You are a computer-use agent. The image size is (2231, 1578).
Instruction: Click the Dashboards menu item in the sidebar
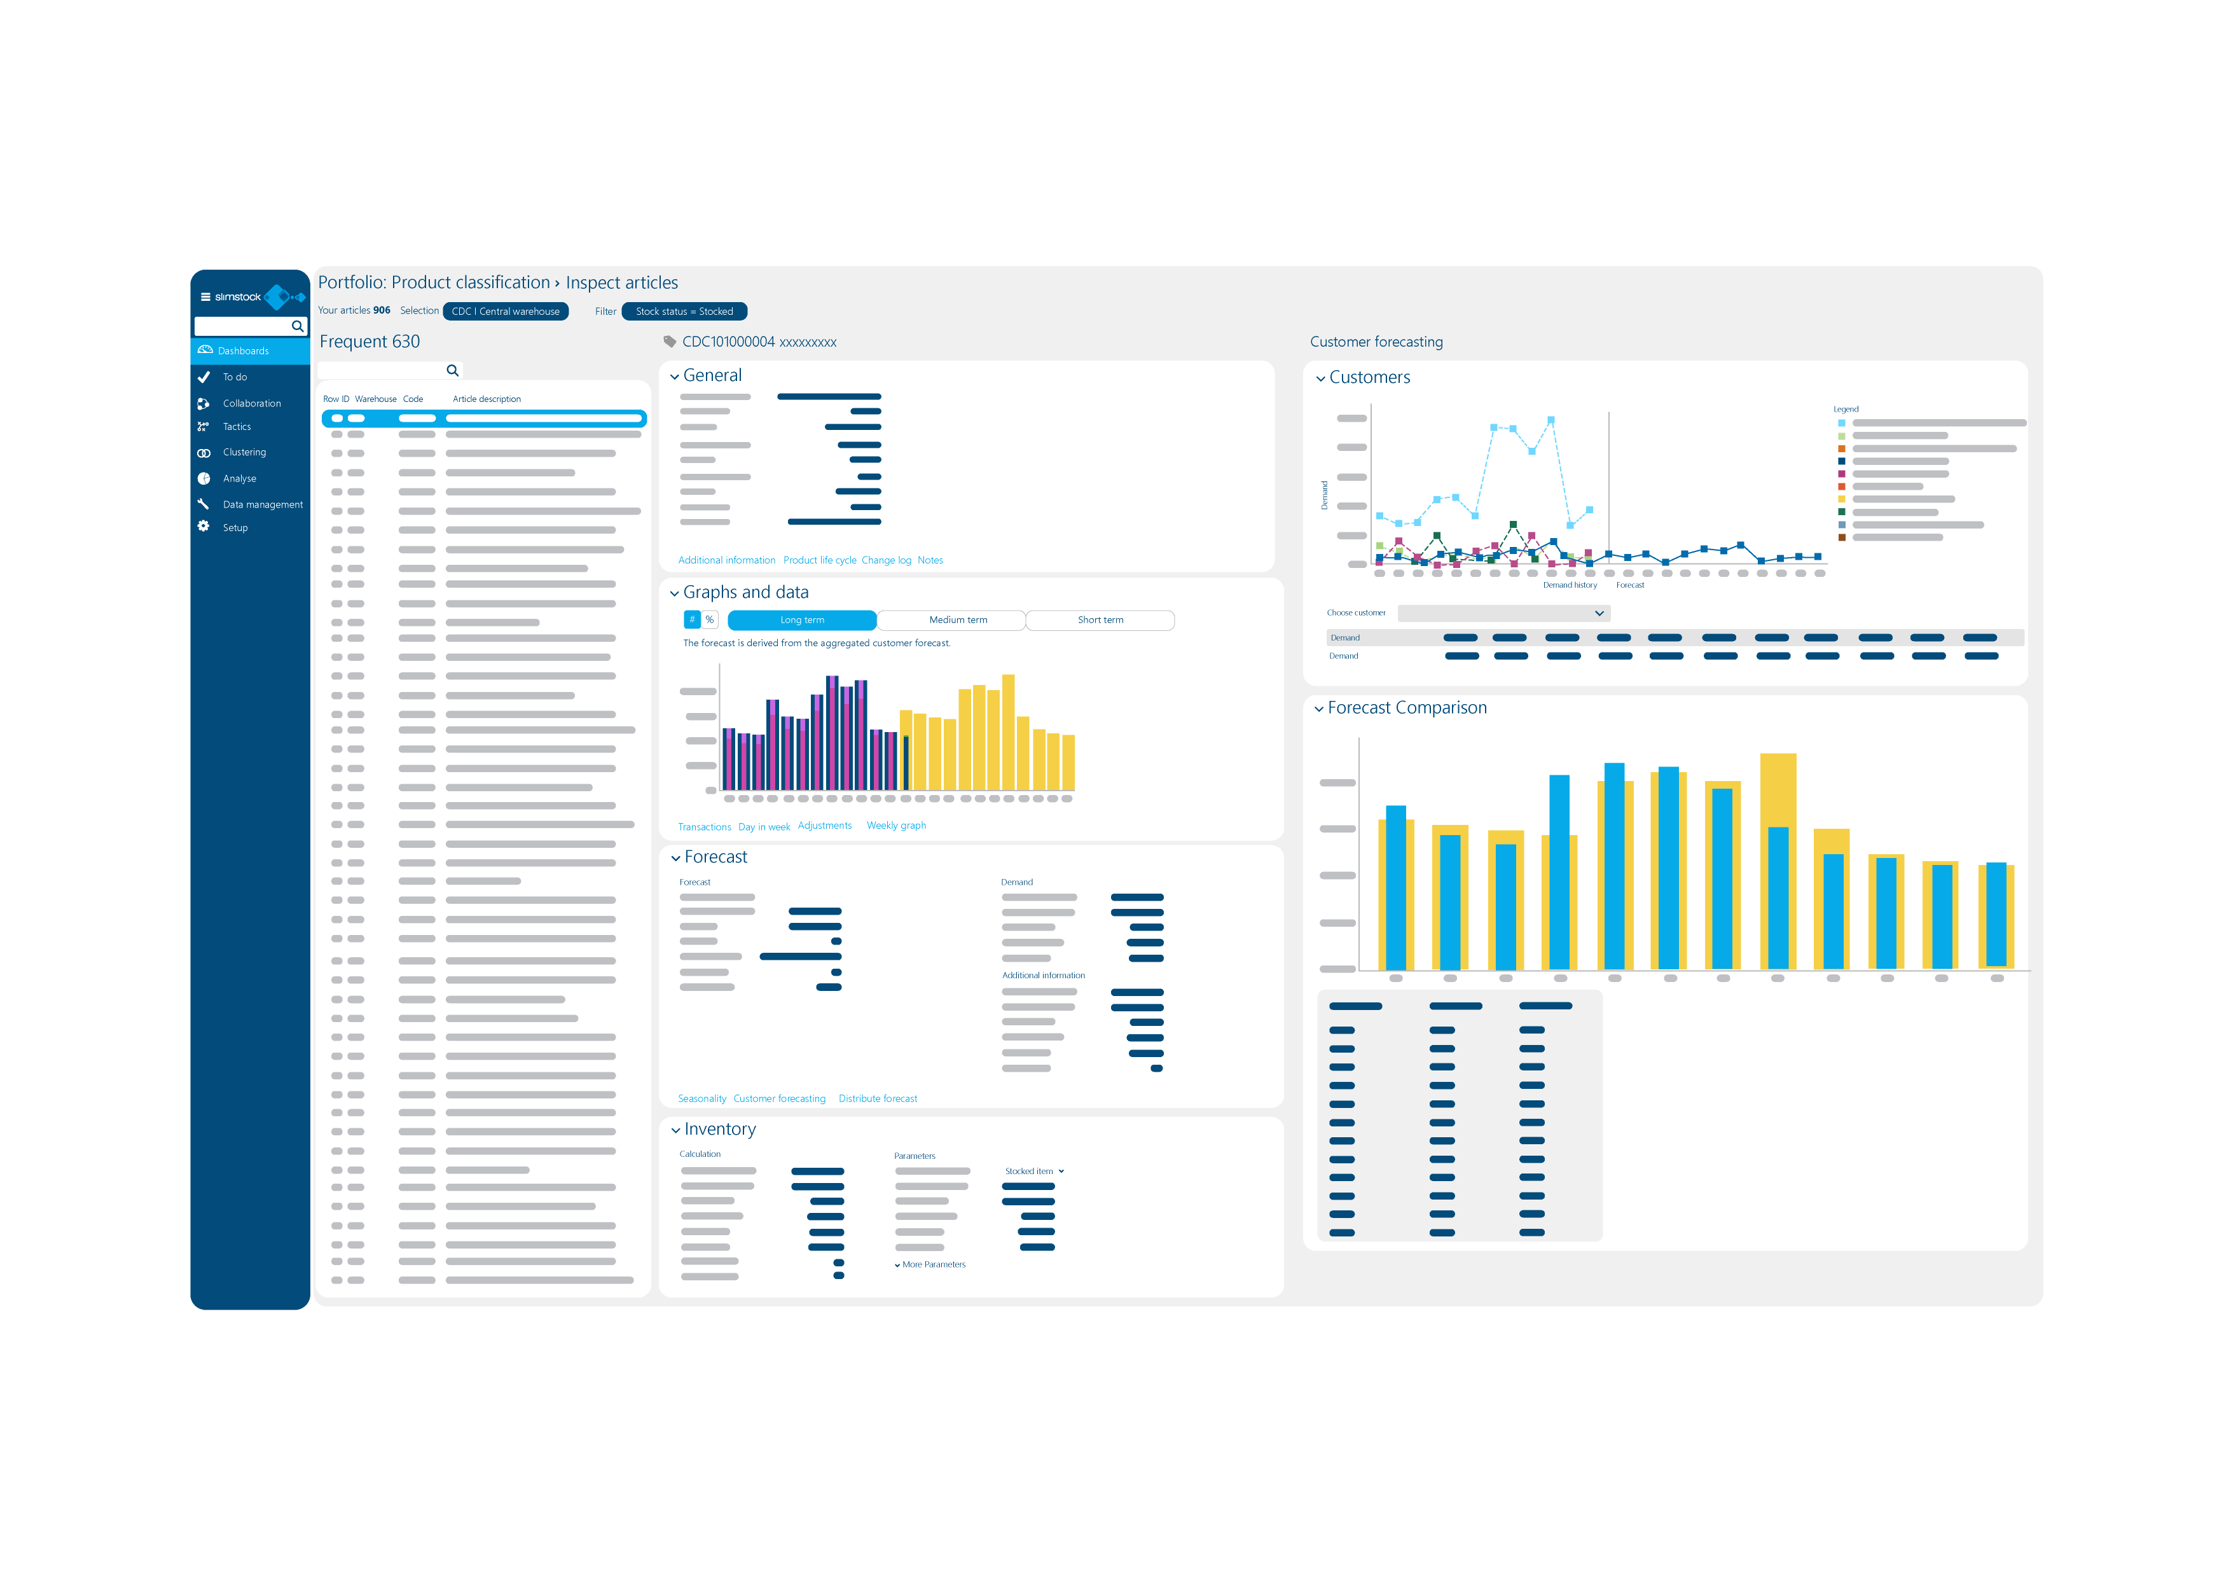click(x=243, y=351)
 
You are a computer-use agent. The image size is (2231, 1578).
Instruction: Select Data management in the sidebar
click(x=263, y=504)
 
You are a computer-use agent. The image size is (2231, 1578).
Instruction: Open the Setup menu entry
click(x=235, y=528)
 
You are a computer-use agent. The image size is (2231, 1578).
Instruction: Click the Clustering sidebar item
click(x=244, y=452)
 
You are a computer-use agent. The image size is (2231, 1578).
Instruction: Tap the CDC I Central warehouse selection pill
click(x=505, y=311)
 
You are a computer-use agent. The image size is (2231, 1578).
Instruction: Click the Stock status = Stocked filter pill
click(x=684, y=311)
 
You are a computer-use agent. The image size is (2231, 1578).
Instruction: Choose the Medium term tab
click(x=957, y=620)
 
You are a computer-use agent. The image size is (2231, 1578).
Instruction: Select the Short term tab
click(x=1100, y=620)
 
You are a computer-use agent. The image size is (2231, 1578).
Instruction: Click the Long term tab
click(x=801, y=620)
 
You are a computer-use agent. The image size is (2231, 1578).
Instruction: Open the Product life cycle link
click(x=819, y=560)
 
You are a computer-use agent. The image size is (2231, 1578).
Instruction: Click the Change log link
click(x=886, y=560)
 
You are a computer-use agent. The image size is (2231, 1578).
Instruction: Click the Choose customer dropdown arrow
click(x=1598, y=613)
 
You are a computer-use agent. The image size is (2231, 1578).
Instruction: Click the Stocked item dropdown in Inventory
click(x=1034, y=1171)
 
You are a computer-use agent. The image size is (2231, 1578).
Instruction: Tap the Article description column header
click(x=487, y=399)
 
